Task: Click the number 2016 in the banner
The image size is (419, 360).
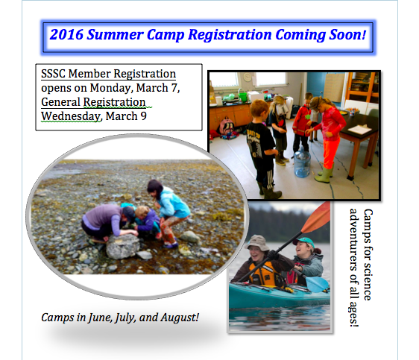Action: [66, 35]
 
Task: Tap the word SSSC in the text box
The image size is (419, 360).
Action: [53, 74]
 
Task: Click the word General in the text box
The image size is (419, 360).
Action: [60, 102]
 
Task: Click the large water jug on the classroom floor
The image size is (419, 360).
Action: [302, 162]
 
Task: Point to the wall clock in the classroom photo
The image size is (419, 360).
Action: [248, 78]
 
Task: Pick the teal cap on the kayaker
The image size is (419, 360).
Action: [304, 241]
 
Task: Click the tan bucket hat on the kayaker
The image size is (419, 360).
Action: [257, 242]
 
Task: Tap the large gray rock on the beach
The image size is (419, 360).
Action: [123, 246]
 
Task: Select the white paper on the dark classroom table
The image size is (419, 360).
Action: [359, 129]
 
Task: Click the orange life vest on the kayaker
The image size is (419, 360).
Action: [263, 274]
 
